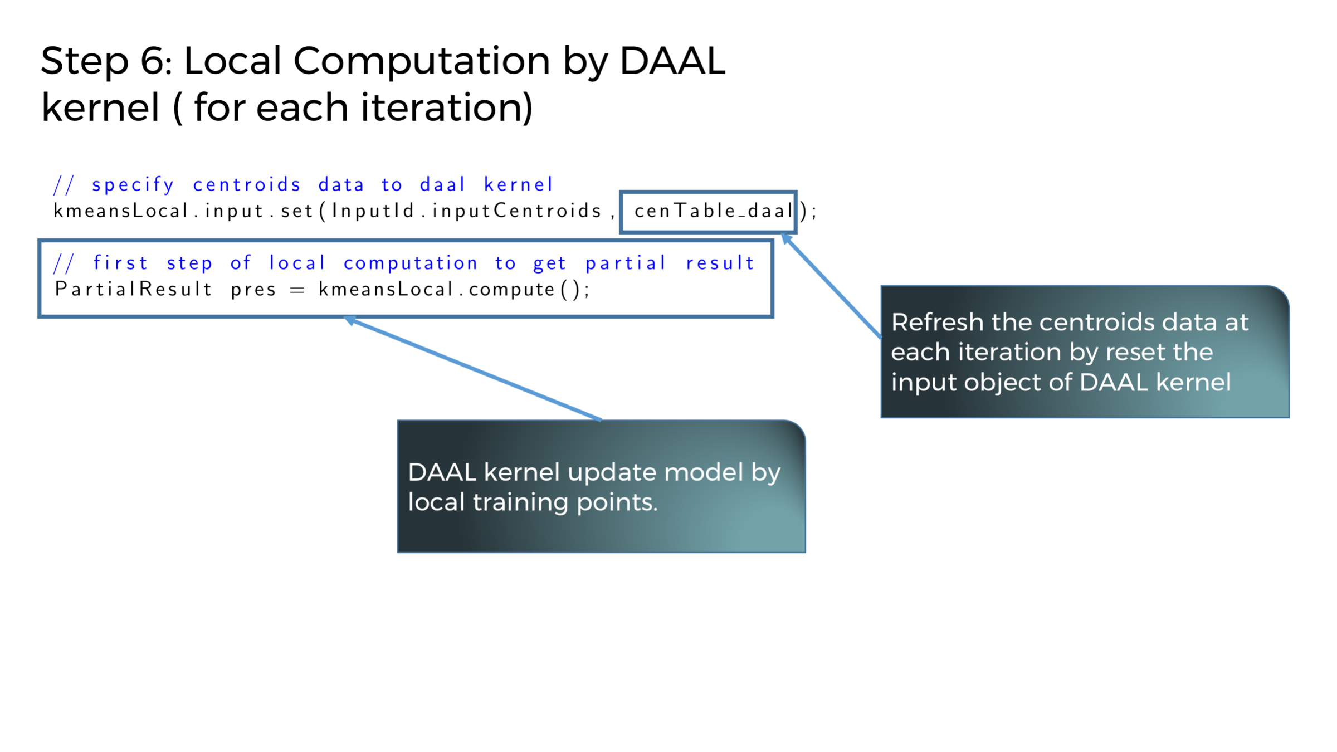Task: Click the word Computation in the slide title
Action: [x=421, y=61]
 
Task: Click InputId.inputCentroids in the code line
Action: [x=466, y=211]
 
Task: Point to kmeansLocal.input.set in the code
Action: [x=183, y=211]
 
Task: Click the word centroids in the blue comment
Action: [x=247, y=184]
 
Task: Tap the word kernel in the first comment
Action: [x=518, y=184]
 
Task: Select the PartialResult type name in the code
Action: [x=134, y=289]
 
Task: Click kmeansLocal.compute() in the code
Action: [x=453, y=289]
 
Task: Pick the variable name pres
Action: [x=253, y=290]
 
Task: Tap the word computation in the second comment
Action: [x=411, y=263]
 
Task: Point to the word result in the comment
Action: [x=720, y=263]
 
